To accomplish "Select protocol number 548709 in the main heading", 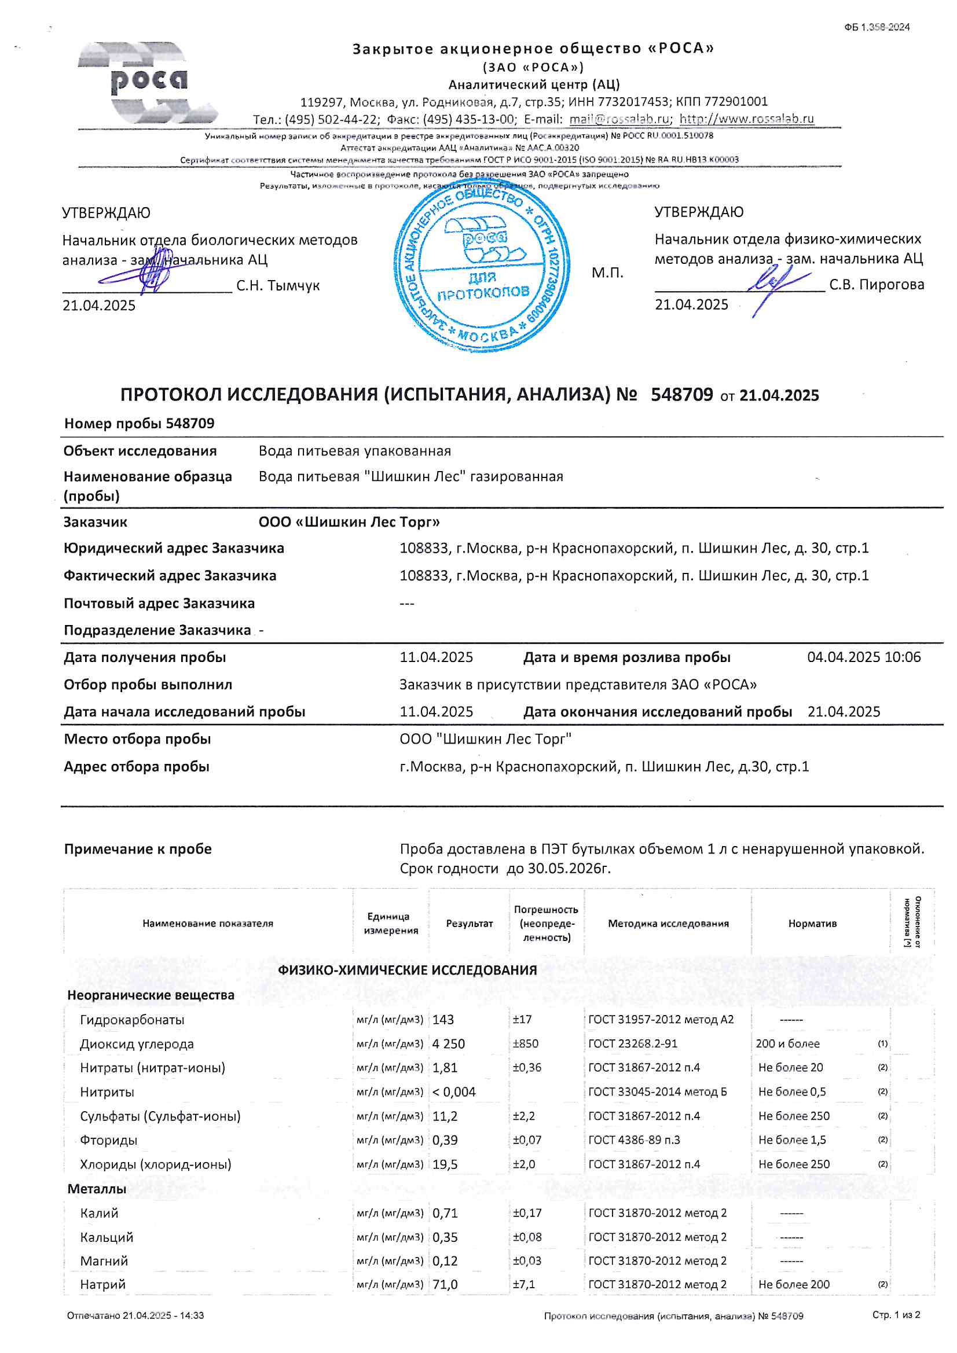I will point(681,394).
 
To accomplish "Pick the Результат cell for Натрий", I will point(445,1284).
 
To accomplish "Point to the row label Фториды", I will point(108,1139).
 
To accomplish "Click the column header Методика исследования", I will point(668,924).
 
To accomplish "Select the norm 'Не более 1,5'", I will point(792,1139).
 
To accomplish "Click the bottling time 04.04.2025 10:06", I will point(863,657).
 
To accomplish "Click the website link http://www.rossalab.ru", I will point(746,119).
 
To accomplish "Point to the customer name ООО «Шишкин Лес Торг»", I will point(349,522).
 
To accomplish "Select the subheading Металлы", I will point(97,1189).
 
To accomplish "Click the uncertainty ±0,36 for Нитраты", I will point(527,1067).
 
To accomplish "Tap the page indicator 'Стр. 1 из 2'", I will point(896,1315).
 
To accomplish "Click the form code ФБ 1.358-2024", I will point(876,27).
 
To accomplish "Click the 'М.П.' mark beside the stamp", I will point(607,273).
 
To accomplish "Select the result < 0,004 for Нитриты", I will point(453,1092).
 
